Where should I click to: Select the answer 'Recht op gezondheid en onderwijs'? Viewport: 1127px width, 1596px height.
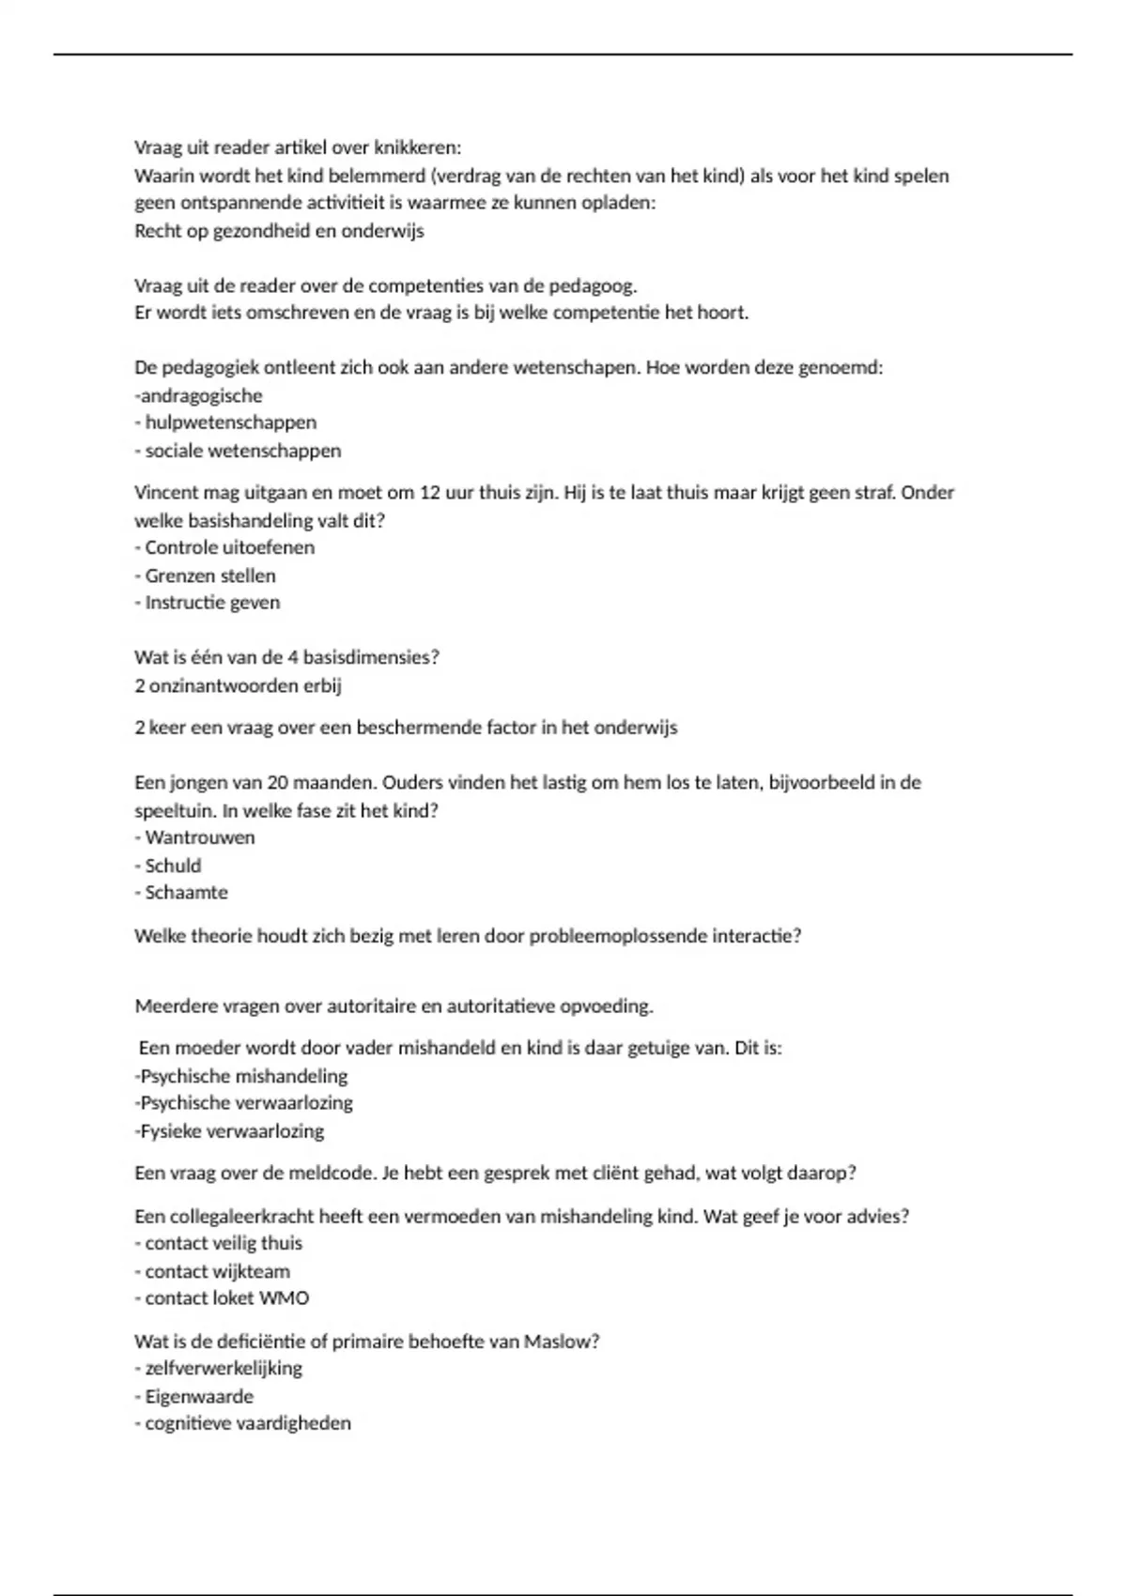pos(279,231)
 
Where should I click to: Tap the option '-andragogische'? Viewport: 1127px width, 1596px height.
pos(199,395)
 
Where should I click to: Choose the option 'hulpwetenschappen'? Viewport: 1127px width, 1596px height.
pos(230,422)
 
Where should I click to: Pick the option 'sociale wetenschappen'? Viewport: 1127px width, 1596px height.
pos(242,451)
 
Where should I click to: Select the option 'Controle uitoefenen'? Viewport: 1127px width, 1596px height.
pos(229,547)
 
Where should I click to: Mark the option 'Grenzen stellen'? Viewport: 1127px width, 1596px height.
pos(209,575)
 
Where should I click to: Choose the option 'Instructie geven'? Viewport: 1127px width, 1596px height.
pos(212,603)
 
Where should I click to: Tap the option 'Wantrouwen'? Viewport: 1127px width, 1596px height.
pos(199,837)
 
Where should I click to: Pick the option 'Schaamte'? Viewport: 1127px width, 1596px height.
pos(186,893)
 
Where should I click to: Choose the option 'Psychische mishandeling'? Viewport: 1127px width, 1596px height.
pos(241,1076)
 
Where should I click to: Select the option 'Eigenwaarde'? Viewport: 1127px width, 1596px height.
pos(199,1396)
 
